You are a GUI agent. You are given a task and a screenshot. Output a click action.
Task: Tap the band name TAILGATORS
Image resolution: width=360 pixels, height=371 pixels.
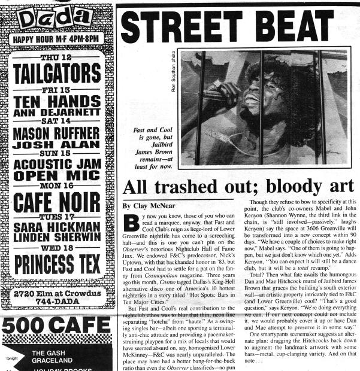57,73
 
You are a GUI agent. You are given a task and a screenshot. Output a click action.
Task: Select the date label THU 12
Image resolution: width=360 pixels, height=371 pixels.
57,58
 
